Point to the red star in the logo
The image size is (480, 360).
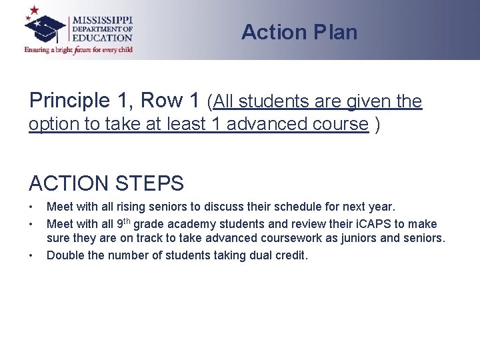(x=33, y=11)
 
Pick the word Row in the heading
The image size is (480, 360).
(x=176, y=101)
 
